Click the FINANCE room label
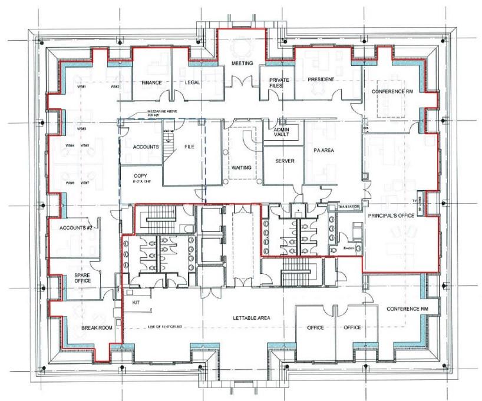click(151, 83)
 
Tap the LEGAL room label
click(192, 83)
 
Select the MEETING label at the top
click(242, 63)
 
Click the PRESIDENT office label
click(321, 79)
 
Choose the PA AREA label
click(324, 151)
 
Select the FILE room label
click(189, 147)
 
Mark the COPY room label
click(141, 176)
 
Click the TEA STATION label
click(347, 207)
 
